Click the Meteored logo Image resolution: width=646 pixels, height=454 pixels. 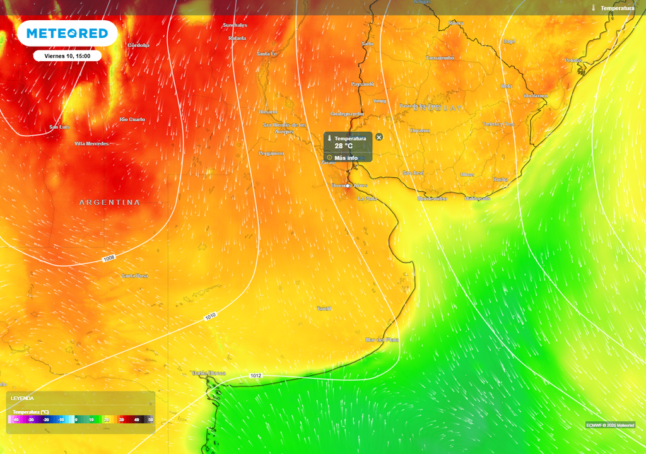click(67, 33)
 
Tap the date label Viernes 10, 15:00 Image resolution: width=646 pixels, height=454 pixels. click(68, 55)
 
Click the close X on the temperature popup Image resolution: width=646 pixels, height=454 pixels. click(379, 137)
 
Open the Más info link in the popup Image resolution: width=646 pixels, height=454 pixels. click(346, 158)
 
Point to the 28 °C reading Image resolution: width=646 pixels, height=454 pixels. click(344, 146)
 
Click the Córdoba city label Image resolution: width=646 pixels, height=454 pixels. click(138, 45)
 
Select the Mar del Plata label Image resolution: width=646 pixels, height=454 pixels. click(382, 339)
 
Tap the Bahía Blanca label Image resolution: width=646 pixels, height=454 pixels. click(209, 373)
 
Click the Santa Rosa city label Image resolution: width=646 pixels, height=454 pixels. click(134, 276)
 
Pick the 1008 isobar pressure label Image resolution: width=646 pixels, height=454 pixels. click(109, 259)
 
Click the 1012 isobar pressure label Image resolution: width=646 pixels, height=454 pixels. click(255, 376)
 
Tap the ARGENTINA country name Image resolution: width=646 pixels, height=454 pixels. click(110, 202)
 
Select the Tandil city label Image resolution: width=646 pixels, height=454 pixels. click(324, 308)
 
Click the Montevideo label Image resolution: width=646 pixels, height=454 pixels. click(432, 199)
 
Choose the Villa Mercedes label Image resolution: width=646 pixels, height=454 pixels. click(91, 144)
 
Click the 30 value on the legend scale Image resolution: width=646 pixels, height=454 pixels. click(120, 419)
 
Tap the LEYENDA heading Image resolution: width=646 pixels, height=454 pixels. click(22, 399)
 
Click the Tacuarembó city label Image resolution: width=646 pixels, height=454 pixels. click(440, 57)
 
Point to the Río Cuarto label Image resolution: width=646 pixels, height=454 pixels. click(132, 119)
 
